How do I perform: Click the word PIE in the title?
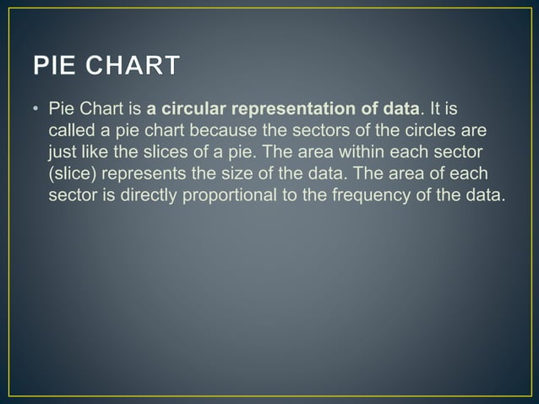58,65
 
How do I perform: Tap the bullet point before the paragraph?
36,110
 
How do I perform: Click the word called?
71,132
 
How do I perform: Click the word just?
63,154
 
